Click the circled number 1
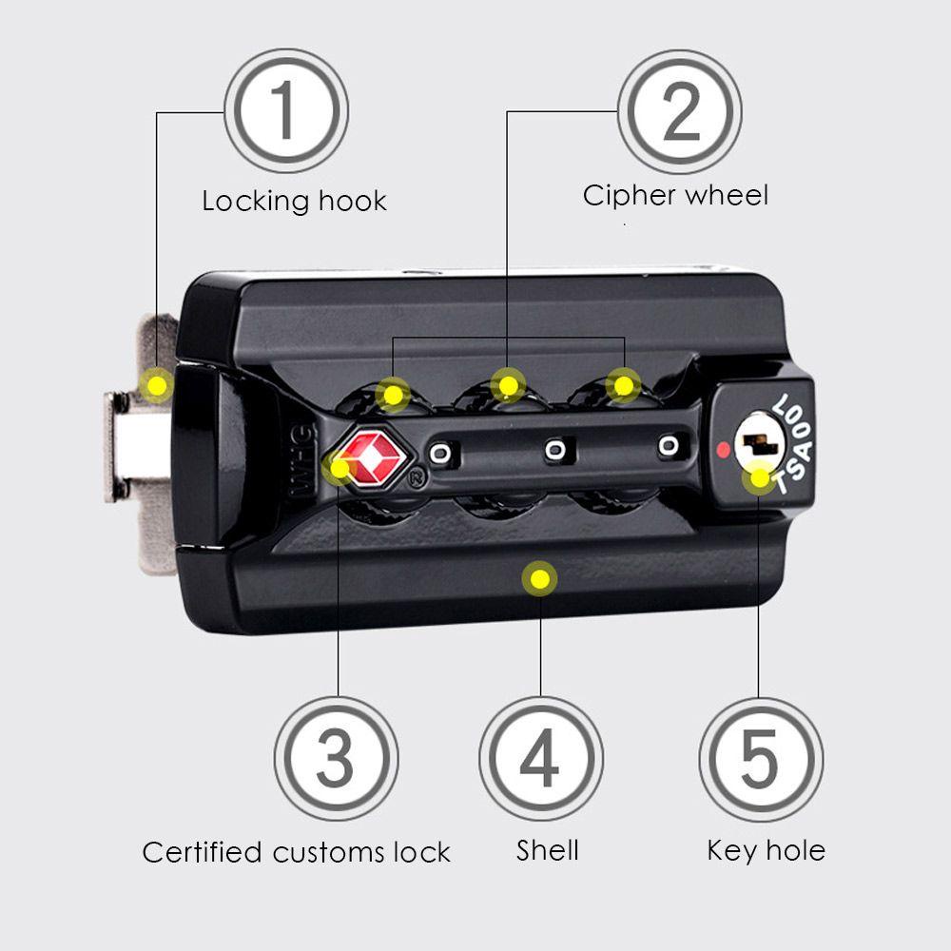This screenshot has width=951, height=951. coord(285,111)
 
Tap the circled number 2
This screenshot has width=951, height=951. coord(679,111)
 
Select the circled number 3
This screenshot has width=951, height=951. coord(335,758)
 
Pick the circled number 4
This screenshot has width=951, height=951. coord(540,758)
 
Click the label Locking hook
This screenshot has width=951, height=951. coord(294,201)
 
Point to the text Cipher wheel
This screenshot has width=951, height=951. coord(675,196)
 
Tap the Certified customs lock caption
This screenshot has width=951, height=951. coord(296,852)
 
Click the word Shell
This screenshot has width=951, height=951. coord(547,850)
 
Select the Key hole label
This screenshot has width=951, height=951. coord(766,849)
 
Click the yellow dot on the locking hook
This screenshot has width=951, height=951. coord(155,385)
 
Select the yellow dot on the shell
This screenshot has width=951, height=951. coord(540,576)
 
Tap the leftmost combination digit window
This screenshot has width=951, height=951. coord(439,454)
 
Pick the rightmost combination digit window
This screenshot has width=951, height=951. coord(670,444)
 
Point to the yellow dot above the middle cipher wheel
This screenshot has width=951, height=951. coord(509,384)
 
